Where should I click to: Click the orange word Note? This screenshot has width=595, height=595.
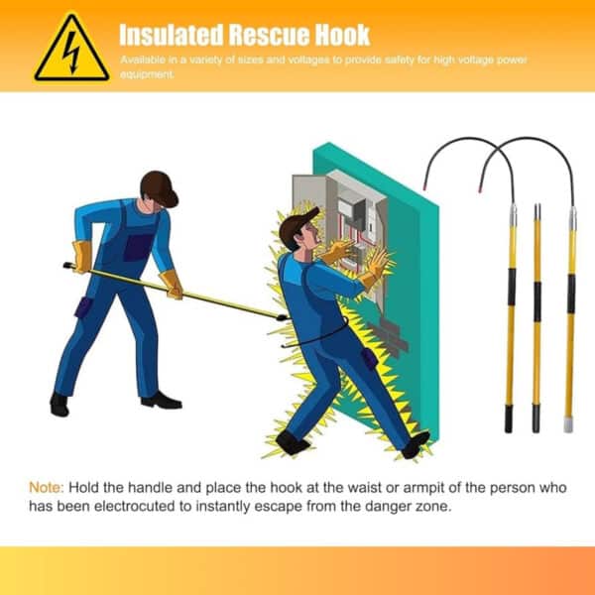[45, 488]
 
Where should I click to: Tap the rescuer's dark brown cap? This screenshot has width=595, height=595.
[159, 185]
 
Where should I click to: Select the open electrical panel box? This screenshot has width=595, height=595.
[342, 223]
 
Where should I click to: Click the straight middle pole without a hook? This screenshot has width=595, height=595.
[536, 317]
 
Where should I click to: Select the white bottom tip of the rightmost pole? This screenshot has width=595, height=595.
[569, 424]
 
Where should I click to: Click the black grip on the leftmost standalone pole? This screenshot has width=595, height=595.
[511, 286]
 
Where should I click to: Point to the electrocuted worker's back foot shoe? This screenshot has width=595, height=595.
[293, 442]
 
